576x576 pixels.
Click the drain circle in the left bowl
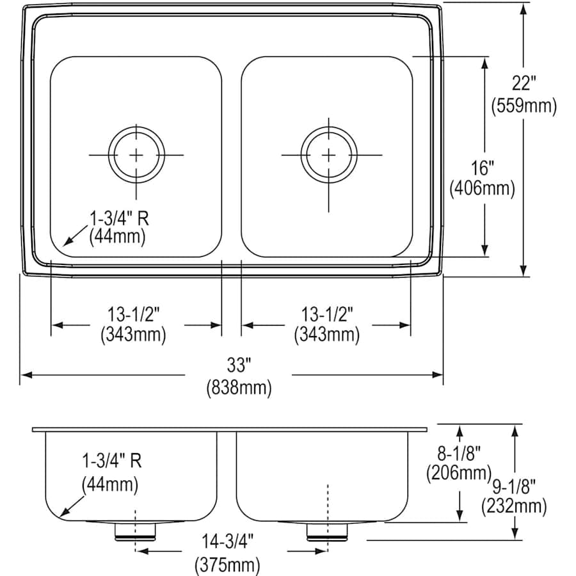tap(136, 155)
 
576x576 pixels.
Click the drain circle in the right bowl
tap(328, 155)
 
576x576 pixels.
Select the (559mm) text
tap(524, 106)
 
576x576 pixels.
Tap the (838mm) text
tap(238, 387)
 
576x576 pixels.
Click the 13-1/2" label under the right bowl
tap(326, 314)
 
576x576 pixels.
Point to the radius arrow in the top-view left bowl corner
tap(66, 243)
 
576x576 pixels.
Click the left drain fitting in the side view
tap(135, 531)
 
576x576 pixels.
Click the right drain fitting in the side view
tap(327, 531)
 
